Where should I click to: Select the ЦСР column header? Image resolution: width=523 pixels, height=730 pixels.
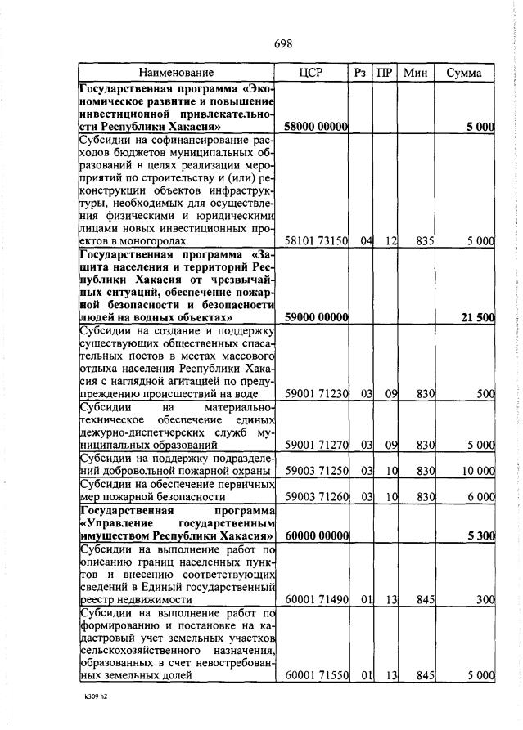click(x=312, y=74)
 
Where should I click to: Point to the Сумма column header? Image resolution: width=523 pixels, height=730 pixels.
click(x=464, y=74)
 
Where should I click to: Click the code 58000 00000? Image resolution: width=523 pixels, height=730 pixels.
click(x=316, y=128)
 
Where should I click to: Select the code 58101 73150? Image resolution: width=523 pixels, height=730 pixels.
click(x=316, y=241)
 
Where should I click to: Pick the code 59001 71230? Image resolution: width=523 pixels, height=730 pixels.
click(x=316, y=393)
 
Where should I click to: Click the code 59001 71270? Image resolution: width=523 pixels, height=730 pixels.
click(x=316, y=446)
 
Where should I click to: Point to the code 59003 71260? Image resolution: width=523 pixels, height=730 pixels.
click(x=316, y=496)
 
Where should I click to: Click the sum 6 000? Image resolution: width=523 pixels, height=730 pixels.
click(x=480, y=496)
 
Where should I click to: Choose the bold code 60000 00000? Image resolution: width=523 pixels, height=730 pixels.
click(x=316, y=535)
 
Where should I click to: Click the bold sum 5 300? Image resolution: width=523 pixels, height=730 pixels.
click(x=480, y=535)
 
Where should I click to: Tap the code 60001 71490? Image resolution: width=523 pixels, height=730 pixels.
click(x=316, y=600)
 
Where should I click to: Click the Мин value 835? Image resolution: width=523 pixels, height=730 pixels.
click(x=423, y=241)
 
